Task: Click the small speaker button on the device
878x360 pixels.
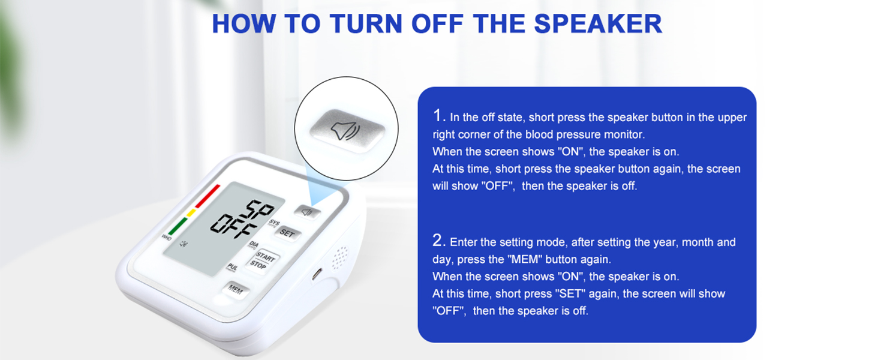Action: click(x=308, y=211)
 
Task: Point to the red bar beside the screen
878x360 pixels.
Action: click(x=208, y=196)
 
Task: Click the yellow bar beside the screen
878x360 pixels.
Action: click(x=191, y=212)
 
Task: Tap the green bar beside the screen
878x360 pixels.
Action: click(x=177, y=226)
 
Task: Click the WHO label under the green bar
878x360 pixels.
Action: click(x=166, y=238)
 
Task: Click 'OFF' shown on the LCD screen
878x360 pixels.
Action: click(x=235, y=226)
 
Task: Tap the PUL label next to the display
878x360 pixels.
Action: click(x=231, y=267)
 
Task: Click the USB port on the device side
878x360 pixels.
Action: click(x=316, y=275)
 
